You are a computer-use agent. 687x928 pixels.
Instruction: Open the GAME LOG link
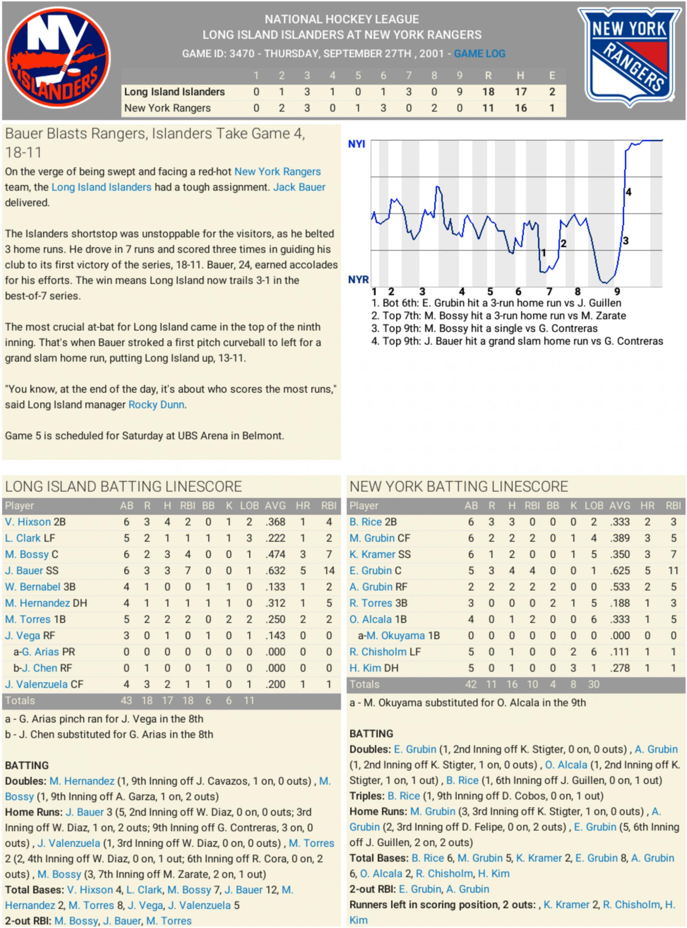479,54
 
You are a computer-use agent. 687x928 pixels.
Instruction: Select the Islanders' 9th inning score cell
459,92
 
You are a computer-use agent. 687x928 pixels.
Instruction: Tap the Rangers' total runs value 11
488,108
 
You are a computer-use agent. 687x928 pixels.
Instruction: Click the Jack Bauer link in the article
299,187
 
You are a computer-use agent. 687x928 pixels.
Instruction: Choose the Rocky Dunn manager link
156,405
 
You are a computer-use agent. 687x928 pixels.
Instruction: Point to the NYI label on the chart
356,144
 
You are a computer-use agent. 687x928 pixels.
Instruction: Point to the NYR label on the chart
358,280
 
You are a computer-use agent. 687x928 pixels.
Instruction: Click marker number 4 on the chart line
628,192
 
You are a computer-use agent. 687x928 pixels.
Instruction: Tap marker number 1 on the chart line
543,253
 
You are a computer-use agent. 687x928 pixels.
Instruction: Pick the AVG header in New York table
619,506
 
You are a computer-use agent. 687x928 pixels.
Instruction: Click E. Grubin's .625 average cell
619,571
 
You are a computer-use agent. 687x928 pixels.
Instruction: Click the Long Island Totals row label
20,701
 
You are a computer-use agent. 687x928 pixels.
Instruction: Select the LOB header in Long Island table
249,506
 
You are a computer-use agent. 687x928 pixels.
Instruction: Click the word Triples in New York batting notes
366,796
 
